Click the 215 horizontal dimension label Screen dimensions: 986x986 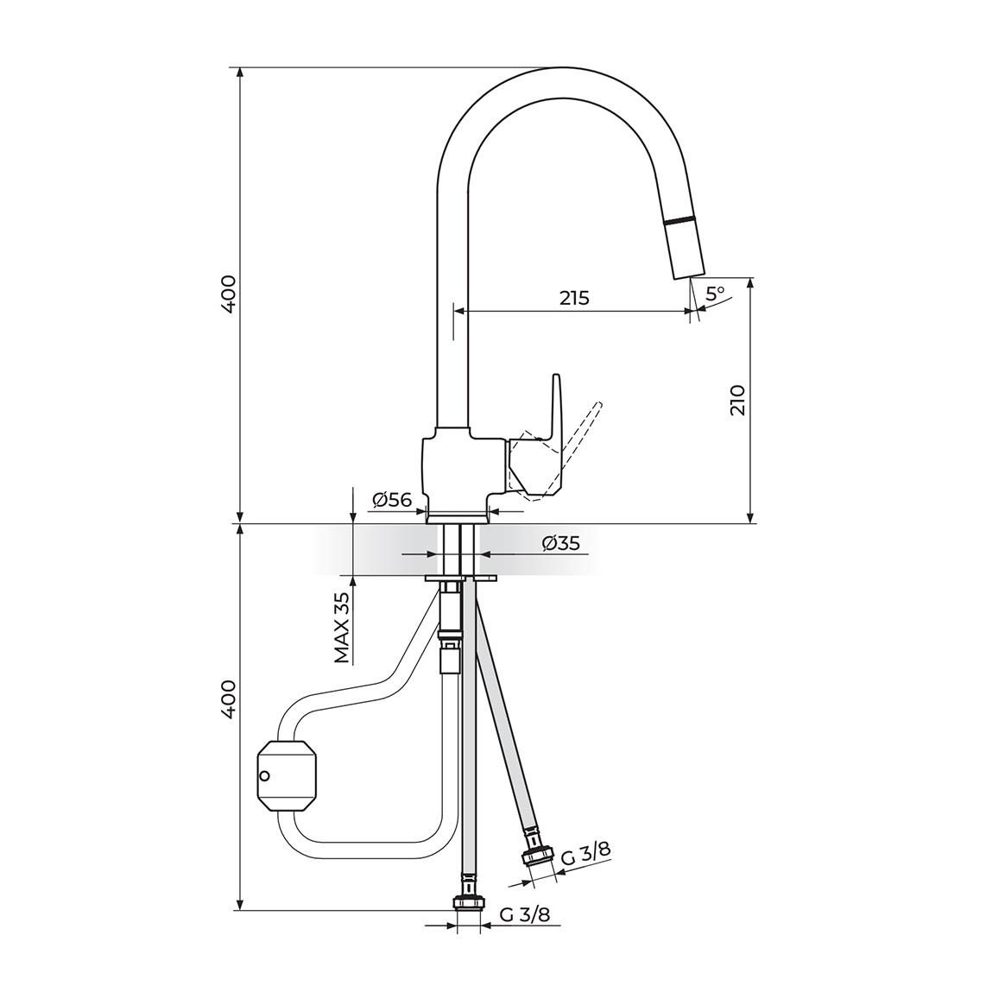574,298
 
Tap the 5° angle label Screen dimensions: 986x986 715,294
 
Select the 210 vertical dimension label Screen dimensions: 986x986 737,401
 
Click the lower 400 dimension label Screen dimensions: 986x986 227,699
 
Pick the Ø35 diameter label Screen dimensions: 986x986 560,543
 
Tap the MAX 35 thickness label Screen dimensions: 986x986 343,628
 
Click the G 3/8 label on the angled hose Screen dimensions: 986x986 585,855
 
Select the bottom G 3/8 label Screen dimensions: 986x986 525,915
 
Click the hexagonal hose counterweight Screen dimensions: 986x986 288,775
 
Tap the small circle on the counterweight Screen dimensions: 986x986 265,776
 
